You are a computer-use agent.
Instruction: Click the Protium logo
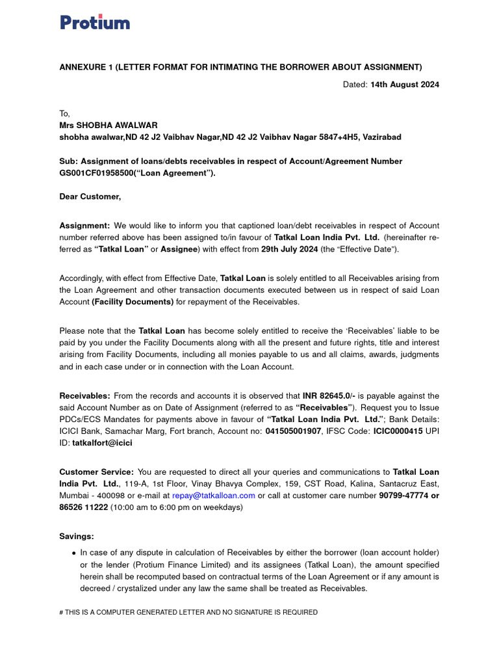[x=95, y=22]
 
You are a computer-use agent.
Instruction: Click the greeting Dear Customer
[x=90, y=196]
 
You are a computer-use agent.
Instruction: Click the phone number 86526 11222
[x=83, y=507]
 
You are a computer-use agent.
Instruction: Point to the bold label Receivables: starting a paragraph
[x=84, y=395]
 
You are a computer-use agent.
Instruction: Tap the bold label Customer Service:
[x=97, y=472]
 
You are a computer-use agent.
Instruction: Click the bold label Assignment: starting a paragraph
[x=84, y=225]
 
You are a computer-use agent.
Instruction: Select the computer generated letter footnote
[x=188, y=612]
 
